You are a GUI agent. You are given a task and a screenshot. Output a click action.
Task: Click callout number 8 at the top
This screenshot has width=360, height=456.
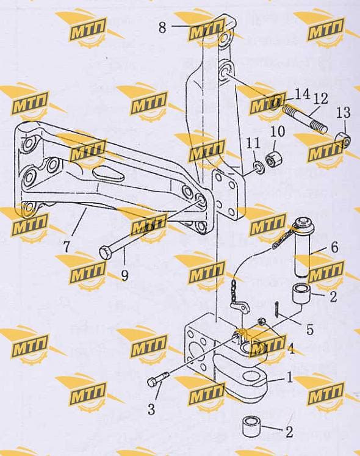tap(162, 27)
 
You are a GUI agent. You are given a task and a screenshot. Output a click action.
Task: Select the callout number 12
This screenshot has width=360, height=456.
tap(320, 99)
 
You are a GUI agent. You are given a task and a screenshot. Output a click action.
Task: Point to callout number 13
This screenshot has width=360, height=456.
tap(343, 112)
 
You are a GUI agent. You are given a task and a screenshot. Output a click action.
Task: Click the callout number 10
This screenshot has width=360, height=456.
tap(277, 131)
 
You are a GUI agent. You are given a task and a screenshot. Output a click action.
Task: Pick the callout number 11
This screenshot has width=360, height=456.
tap(253, 143)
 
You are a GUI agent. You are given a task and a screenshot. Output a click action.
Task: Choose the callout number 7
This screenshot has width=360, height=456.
tap(67, 247)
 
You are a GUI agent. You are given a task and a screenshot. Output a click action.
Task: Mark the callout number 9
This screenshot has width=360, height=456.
tap(124, 275)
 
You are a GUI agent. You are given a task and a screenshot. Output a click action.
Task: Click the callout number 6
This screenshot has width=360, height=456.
tap(334, 247)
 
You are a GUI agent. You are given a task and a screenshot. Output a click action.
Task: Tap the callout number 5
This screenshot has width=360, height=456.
tap(310, 330)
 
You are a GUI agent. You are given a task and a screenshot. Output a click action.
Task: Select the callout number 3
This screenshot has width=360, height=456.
tap(151, 410)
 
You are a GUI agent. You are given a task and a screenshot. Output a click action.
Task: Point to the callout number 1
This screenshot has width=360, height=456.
tap(289, 378)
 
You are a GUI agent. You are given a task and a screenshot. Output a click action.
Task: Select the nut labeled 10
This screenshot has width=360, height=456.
tap(274, 159)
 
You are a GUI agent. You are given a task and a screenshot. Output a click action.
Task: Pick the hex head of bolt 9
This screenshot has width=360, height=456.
tap(106, 252)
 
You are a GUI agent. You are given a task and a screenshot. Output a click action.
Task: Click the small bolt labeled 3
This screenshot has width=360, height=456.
tap(158, 380)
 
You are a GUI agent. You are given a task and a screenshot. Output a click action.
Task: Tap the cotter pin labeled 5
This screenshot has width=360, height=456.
tap(277, 309)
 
